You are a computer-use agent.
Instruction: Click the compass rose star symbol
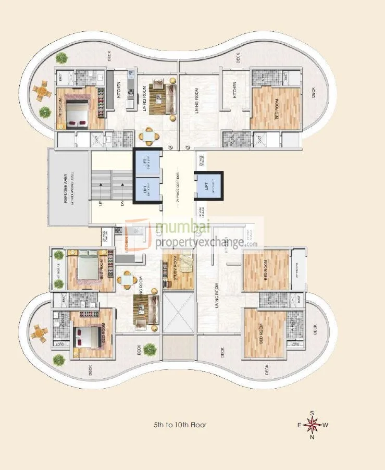tap(313, 425)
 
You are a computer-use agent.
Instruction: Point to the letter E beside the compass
tap(300, 425)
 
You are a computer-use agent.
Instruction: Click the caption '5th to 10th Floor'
tap(180, 425)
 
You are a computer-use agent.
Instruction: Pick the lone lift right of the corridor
tap(208, 185)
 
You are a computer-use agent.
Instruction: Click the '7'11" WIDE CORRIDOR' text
tap(178, 188)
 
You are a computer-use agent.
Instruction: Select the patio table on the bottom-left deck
tap(38, 331)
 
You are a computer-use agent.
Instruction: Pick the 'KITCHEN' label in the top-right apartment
tap(235, 90)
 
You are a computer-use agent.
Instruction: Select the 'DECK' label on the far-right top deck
tap(314, 92)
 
